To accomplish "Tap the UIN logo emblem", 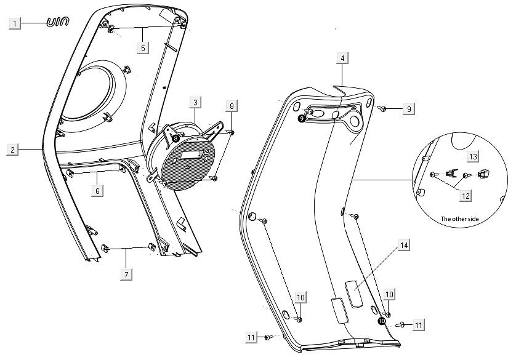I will click(58, 23).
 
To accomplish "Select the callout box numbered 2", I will click(12, 150).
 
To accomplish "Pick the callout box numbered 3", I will click(194, 102).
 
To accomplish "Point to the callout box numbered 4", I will click(342, 58).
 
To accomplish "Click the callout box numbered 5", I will click(142, 47).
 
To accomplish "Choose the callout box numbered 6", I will click(97, 191).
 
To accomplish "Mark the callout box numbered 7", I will click(126, 273).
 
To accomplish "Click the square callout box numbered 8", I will click(232, 106).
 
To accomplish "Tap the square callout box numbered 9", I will click(408, 109).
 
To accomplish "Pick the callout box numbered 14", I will click(404, 246).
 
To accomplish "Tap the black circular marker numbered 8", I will click(175, 139).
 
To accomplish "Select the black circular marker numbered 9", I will click(301, 119).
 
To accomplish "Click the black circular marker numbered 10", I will click(382, 321).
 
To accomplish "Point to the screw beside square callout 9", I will click(383, 109).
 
